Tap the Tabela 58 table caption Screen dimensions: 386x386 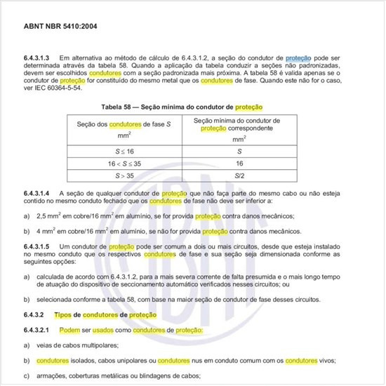click(x=192, y=107)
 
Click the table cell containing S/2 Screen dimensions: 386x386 click(x=240, y=175)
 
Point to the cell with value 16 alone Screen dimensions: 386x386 click(x=240, y=163)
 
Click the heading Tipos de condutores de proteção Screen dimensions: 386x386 click(x=100, y=314)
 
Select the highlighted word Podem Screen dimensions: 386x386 click(x=69, y=330)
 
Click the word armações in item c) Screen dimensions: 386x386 click(x=50, y=376)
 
